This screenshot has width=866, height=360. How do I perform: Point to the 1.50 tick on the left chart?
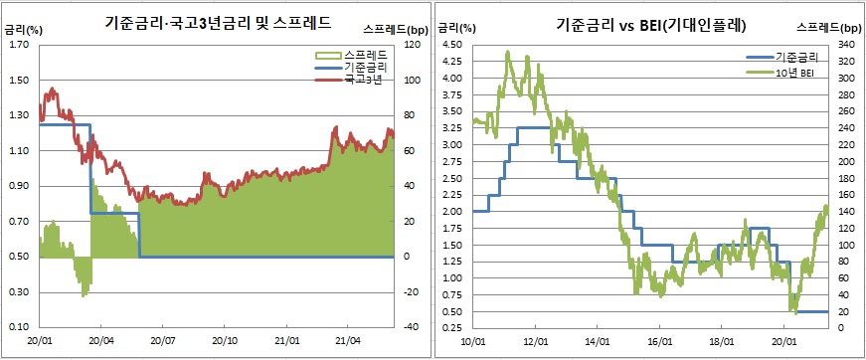coord(20,80)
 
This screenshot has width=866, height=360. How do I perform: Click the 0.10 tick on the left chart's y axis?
coord(20,327)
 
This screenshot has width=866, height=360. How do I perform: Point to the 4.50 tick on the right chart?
coord(452,45)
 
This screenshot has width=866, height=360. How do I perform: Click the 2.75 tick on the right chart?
coord(452,161)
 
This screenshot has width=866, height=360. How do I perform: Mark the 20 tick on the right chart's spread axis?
coord(847,311)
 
